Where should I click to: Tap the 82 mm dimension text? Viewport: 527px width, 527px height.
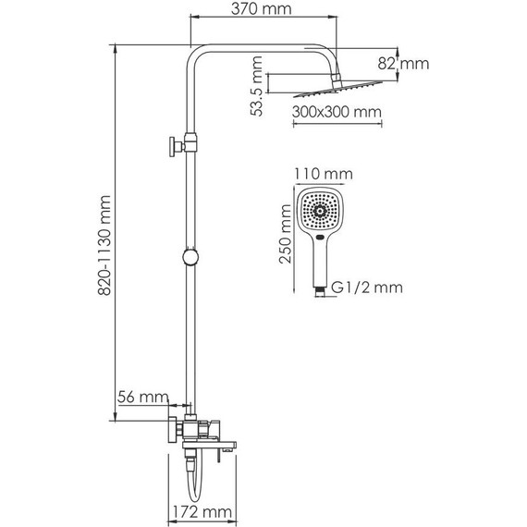pos(405,64)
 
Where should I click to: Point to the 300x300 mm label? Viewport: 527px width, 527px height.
pos(335,113)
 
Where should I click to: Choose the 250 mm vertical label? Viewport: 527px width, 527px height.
pos(285,239)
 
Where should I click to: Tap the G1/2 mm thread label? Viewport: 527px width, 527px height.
pos(366,288)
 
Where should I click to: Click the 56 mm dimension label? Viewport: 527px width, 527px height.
pos(143,398)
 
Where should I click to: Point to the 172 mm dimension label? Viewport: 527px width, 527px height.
pos(202,511)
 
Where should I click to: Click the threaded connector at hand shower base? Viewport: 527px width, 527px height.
pos(319,289)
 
